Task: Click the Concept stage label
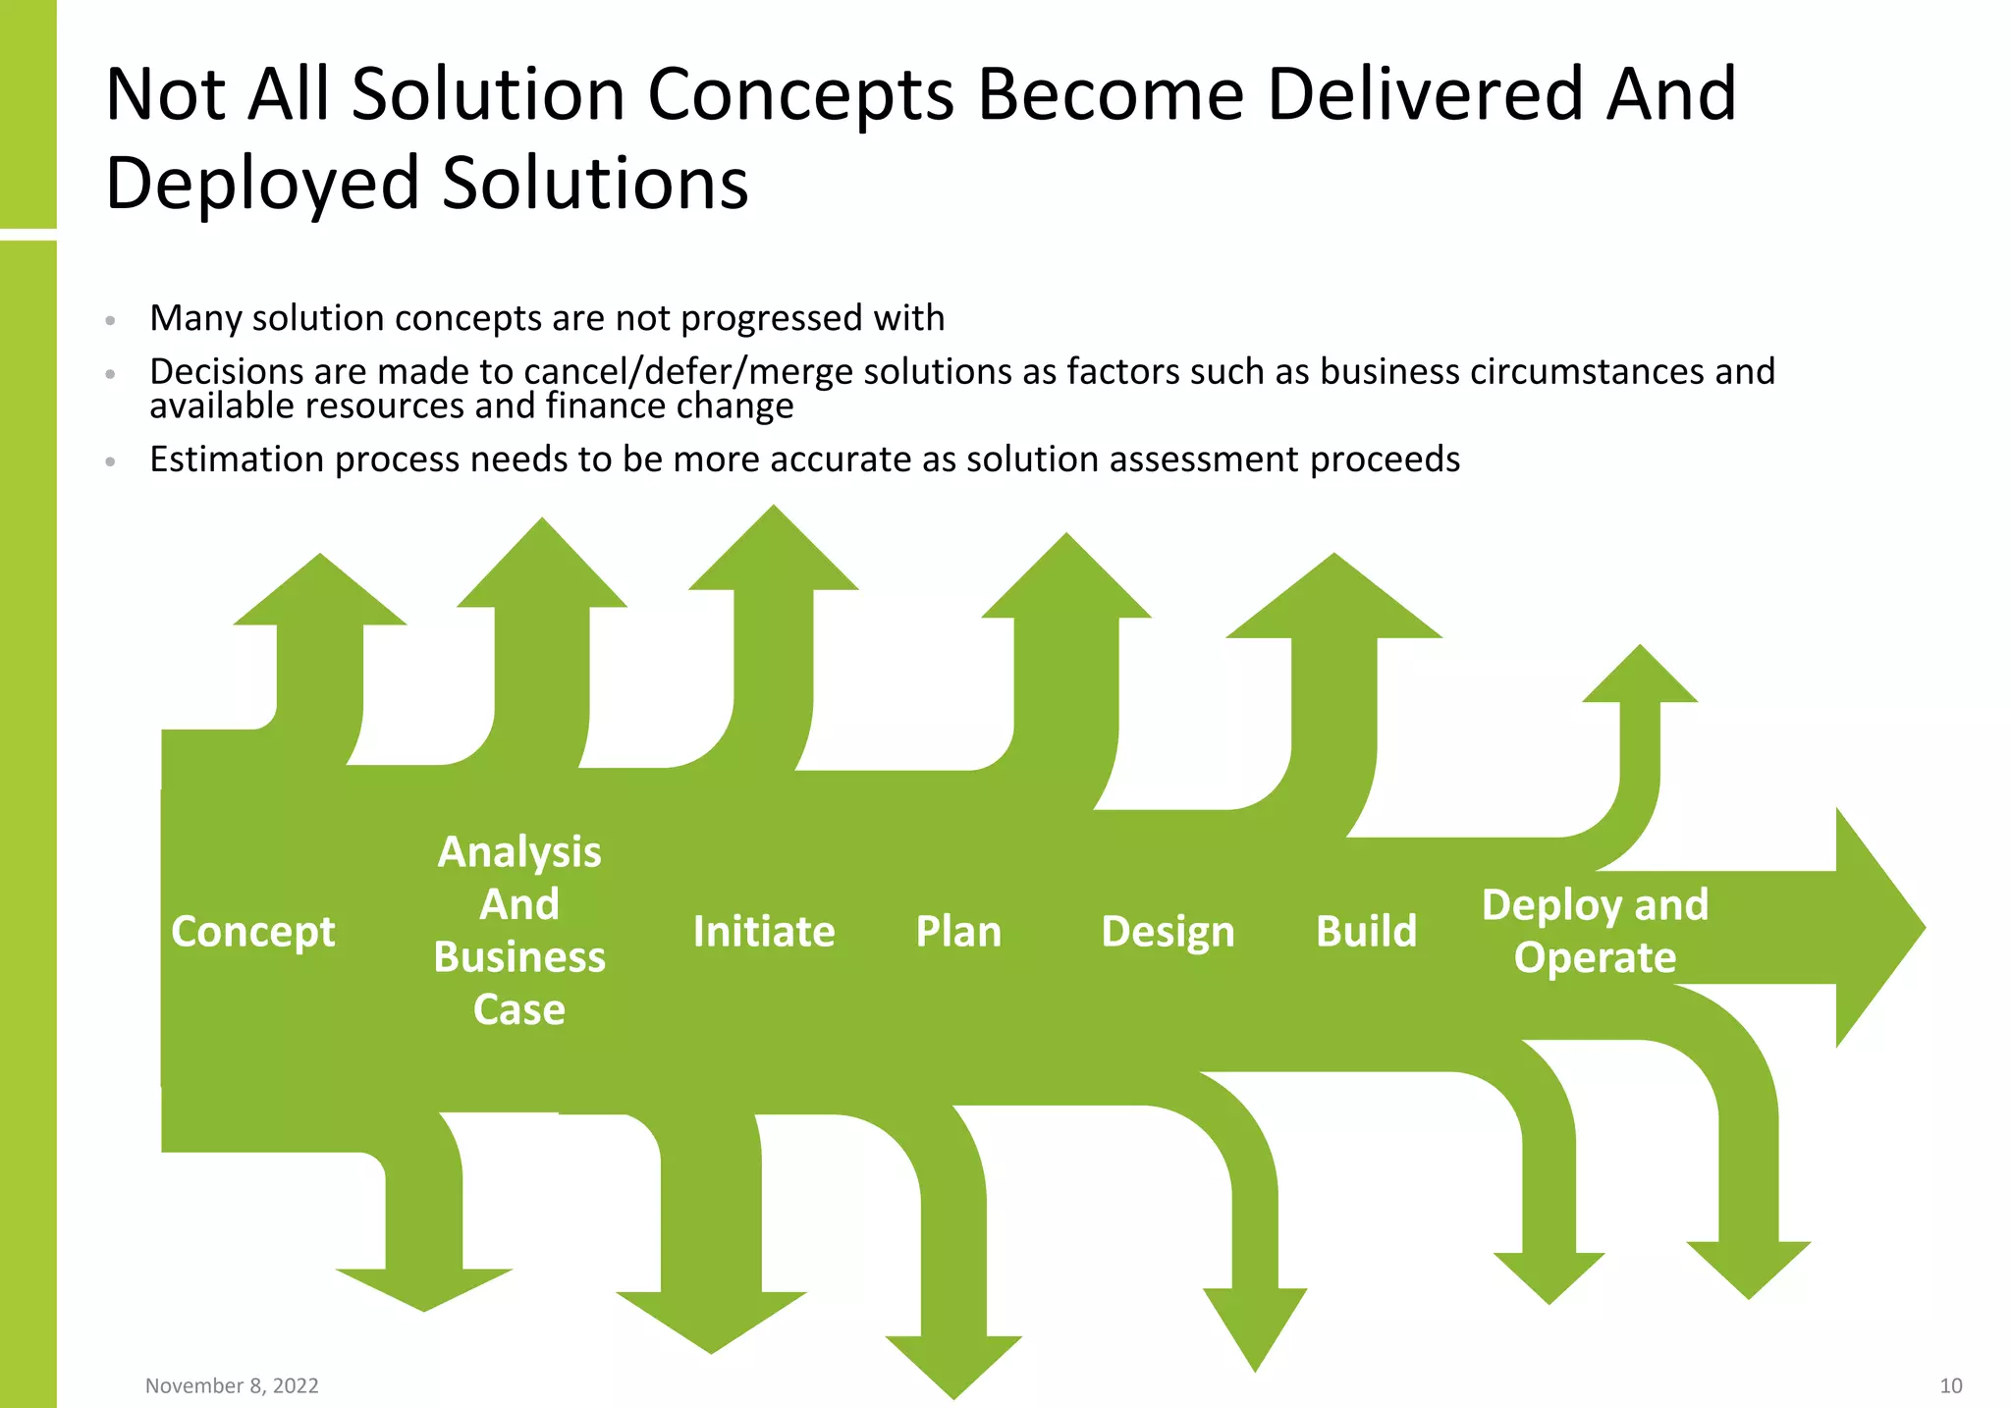coord(252,931)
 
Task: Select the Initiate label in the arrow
coord(764,931)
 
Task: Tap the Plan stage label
coord(958,931)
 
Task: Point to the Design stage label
coord(1168,931)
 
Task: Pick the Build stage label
coord(1366,931)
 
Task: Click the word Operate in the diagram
coord(1595,957)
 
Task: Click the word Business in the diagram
coord(519,957)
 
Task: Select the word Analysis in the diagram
coord(519,851)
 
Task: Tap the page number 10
coord(1950,1385)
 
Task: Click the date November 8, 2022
coord(232,1385)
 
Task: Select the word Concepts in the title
coord(800,94)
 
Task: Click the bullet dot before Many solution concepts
coord(111,320)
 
